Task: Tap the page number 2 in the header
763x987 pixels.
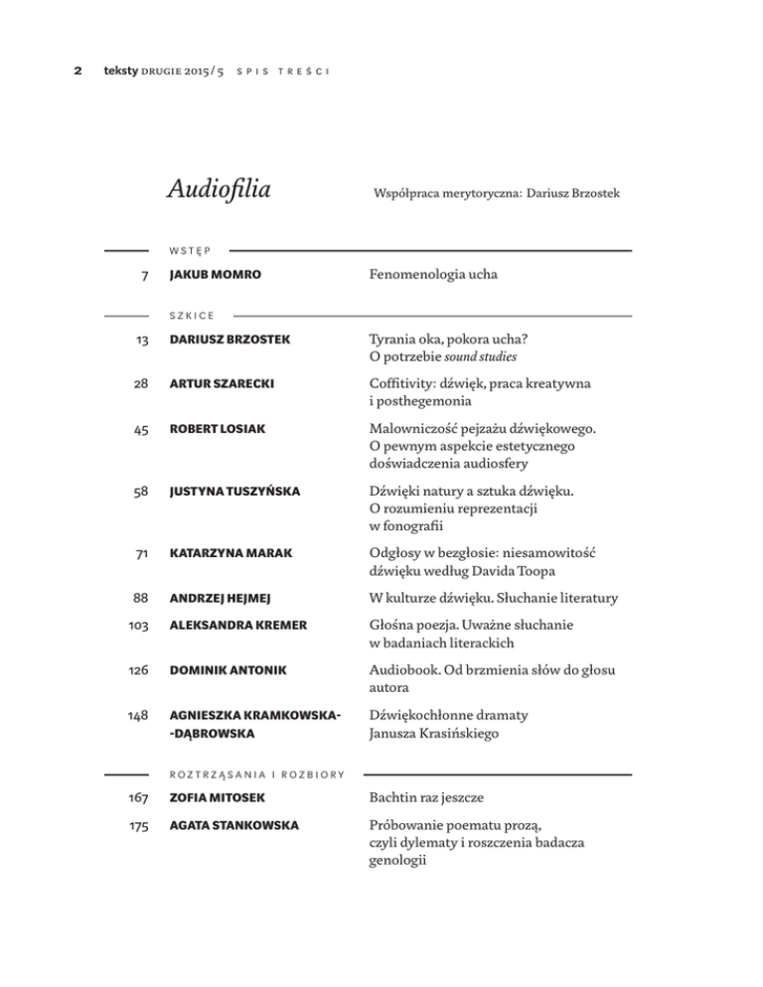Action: click(x=77, y=71)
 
